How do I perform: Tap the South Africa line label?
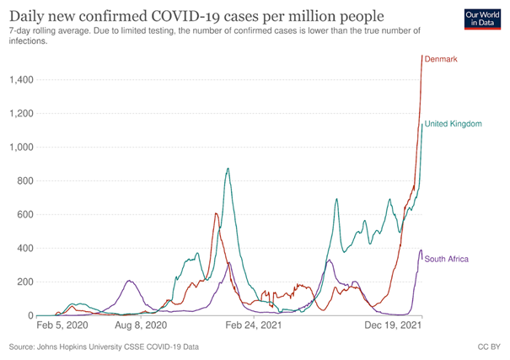[x=447, y=259]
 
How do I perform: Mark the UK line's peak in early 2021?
[x=228, y=169]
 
